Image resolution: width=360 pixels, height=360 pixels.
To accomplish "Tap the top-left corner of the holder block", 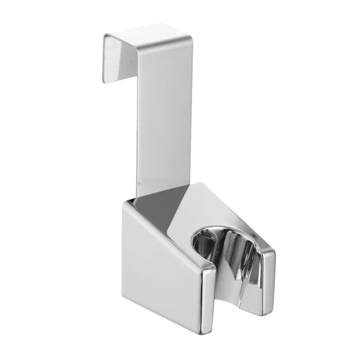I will pyautogui.click(x=124, y=203).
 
